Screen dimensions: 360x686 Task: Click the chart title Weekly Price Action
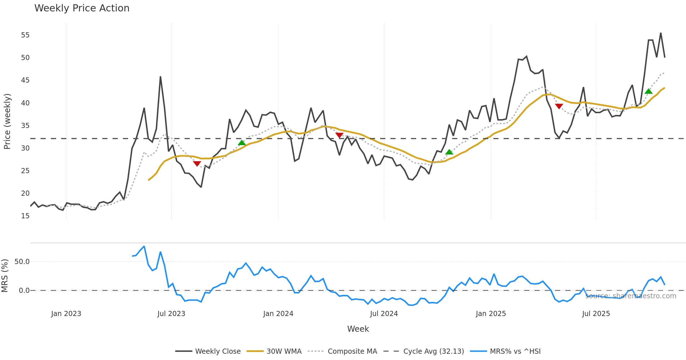coord(82,8)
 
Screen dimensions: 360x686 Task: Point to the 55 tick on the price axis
coord(25,35)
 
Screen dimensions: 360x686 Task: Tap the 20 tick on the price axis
coord(25,193)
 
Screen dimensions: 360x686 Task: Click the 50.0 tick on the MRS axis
coord(22,262)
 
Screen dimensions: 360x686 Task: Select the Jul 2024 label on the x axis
coord(384,314)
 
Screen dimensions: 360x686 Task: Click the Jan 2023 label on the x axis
coord(66,314)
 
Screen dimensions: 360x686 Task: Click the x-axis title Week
coord(358,329)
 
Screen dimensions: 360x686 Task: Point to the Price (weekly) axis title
coord(7,121)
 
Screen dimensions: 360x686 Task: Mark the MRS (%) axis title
coord(5,276)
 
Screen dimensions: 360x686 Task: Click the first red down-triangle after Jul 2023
coord(197,163)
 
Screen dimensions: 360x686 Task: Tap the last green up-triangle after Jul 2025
coord(649,91)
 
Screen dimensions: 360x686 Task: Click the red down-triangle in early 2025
coord(559,106)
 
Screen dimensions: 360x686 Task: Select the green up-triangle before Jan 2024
coord(242,143)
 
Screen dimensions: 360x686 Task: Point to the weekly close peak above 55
coord(661,33)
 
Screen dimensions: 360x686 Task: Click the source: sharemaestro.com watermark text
coord(631,296)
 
